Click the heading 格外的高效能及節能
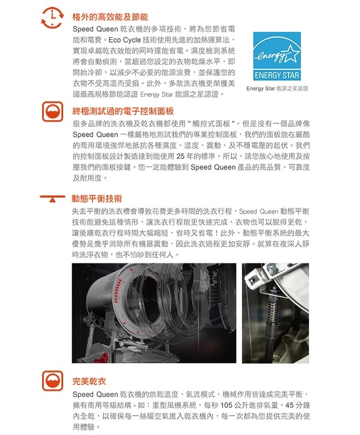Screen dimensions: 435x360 [110, 17]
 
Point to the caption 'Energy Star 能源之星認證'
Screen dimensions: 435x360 [277, 88]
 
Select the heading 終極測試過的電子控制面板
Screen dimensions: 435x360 [123, 111]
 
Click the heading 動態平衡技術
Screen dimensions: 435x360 [97, 198]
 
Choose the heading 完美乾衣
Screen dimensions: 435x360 [89, 381]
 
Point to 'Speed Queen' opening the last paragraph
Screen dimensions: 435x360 [95, 394]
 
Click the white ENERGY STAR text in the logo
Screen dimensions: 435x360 [277, 75]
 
